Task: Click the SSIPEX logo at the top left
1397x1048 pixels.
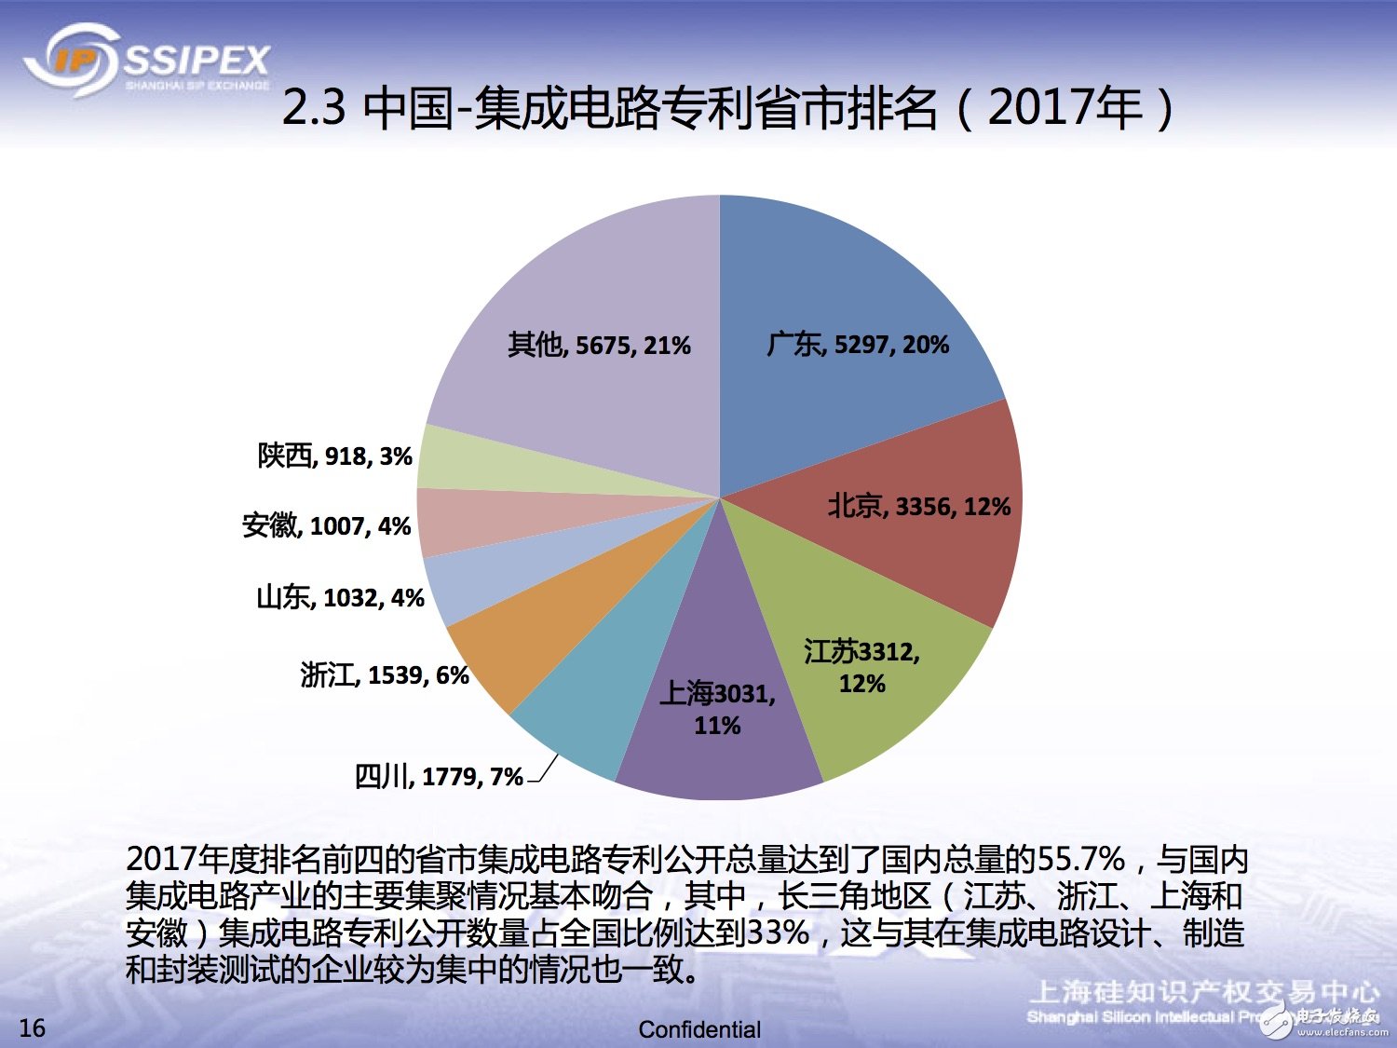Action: click(x=147, y=61)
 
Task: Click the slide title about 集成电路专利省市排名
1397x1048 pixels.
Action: click(x=726, y=108)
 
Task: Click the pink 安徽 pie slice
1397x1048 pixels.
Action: click(x=466, y=522)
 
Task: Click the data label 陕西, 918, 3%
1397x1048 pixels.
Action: click(x=335, y=456)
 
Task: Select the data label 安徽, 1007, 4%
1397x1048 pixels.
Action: click(x=327, y=525)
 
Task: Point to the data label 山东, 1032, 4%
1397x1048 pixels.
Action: click(x=340, y=597)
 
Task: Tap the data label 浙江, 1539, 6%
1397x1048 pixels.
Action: click(x=385, y=674)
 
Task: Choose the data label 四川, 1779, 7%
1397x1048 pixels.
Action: click(x=439, y=776)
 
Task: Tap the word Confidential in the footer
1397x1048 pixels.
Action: click(x=699, y=1029)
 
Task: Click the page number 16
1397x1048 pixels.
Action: click(x=32, y=1028)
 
